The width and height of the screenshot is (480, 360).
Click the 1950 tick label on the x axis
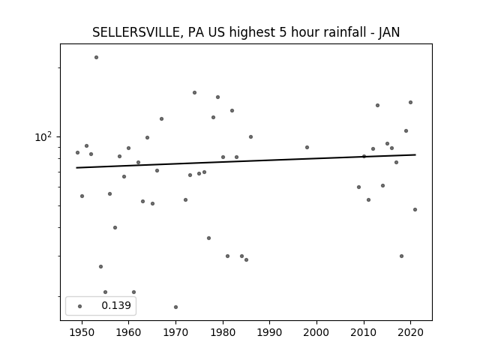click(x=82, y=333)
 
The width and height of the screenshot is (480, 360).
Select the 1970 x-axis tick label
click(x=175, y=333)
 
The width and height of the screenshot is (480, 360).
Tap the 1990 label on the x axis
click(x=270, y=333)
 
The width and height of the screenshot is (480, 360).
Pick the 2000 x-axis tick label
click(x=316, y=333)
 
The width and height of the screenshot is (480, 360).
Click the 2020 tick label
click(x=410, y=333)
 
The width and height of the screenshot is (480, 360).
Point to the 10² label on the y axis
click(x=43, y=136)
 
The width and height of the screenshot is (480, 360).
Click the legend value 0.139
click(x=116, y=305)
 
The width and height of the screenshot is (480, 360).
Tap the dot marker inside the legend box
click(x=80, y=306)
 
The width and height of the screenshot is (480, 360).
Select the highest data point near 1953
click(x=97, y=57)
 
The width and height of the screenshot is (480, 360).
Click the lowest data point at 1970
click(x=175, y=307)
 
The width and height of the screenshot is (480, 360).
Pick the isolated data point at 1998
click(x=307, y=147)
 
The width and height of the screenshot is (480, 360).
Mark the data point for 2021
click(x=415, y=210)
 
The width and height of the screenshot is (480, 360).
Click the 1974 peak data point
click(x=194, y=92)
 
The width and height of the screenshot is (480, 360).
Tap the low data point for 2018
click(x=401, y=256)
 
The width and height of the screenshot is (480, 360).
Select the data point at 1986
click(x=250, y=136)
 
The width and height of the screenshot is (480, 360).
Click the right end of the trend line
click(x=415, y=154)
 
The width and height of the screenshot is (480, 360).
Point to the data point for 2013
click(x=377, y=105)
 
